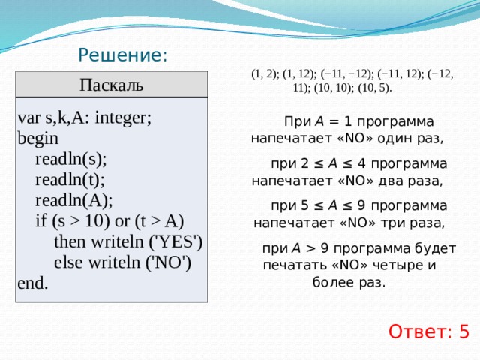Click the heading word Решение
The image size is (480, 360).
point(120,55)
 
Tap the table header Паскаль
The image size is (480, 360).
point(112,85)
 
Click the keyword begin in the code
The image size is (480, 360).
point(38,139)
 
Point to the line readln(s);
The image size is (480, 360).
point(71,160)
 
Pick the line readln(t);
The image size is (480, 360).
point(70,180)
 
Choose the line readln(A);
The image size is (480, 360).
point(74,201)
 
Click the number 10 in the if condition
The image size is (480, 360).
point(94,221)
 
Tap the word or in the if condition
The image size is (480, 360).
point(122,222)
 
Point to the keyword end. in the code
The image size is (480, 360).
point(33,283)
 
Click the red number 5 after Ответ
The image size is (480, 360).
point(463,331)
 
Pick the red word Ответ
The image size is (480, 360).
point(418,331)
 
